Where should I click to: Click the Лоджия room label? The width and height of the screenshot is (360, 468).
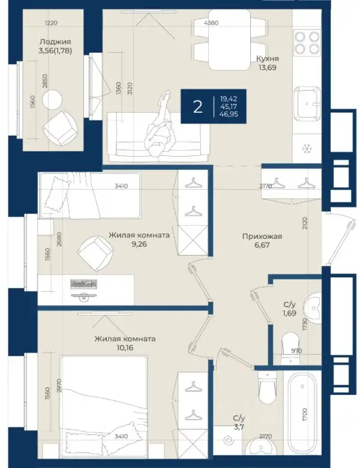pyautogui.click(x=56, y=42)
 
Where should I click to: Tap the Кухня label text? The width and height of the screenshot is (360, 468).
pyautogui.click(x=268, y=59)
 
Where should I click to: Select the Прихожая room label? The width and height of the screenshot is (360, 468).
pyautogui.click(x=262, y=236)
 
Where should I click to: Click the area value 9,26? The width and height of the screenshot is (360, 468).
pyautogui.click(x=139, y=244)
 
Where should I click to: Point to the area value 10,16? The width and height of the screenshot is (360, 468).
pyautogui.click(x=125, y=348)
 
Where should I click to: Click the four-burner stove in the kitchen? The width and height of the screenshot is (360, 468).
pyautogui.click(x=307, y=43)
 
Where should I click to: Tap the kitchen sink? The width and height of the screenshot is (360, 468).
pyautogui.click(x=307, y=103)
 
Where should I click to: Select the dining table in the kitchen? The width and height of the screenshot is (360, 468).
pyautogui.click(x=229, y=40)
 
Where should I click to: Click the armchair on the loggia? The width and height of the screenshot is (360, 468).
pyautogui.click(x=60, y=128)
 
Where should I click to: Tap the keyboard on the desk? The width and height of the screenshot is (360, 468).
pyautogui.click(x=83, y=284)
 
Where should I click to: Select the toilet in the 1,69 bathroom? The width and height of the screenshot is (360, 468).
pyautogui.click(x=290, y=348)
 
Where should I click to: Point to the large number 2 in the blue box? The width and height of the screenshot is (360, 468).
pyautogui.click(x=197, y=107)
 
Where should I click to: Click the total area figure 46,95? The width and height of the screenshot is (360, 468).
pyautogui.click(x=229, y=114)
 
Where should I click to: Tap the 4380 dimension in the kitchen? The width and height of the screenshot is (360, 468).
pyautogui.click(x=211, y=23)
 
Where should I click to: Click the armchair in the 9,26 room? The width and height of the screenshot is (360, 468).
pyautogui.click(x=95, y=253)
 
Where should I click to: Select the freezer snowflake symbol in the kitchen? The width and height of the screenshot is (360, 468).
pyautogui.click(x=307, y=148)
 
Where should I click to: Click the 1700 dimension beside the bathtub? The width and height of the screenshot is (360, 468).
pyautogui.click(x=304, y=414)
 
